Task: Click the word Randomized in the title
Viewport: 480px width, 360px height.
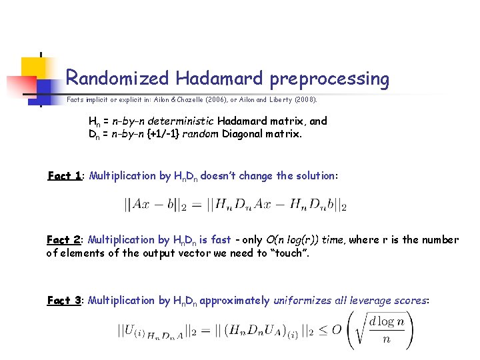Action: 117,79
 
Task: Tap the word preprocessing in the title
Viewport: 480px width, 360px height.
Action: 329,79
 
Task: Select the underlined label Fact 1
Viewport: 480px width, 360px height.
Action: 65,176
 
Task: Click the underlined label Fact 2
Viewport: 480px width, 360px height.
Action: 65,240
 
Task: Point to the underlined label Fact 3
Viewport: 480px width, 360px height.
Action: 65,301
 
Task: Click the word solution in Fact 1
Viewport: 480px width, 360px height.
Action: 314,176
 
